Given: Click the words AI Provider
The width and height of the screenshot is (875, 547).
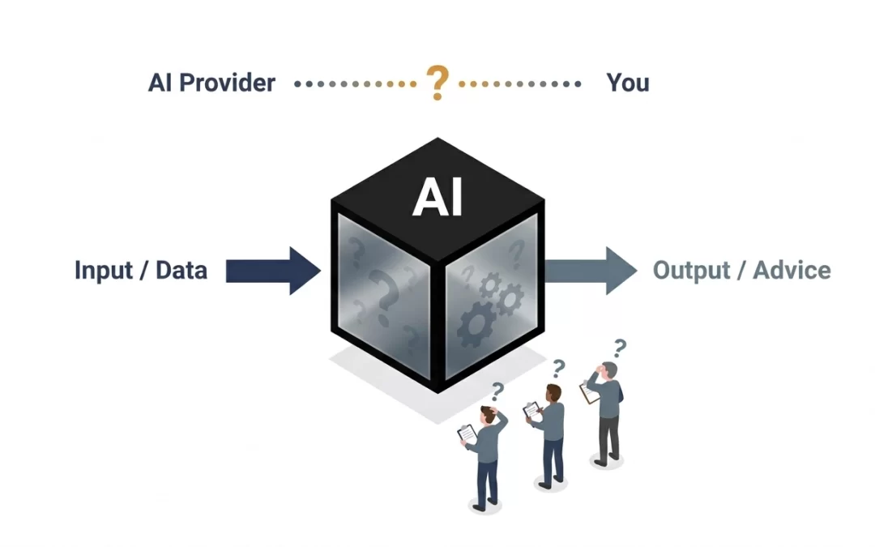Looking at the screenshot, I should point(211,83).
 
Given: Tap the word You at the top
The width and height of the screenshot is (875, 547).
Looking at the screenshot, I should point(628,83).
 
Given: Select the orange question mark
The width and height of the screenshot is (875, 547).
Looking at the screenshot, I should point(437,83).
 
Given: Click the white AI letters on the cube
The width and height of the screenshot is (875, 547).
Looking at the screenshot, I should point(437,197).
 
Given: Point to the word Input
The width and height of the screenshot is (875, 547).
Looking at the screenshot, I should point(104,270).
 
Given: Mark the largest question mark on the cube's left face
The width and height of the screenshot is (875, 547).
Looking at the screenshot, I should point(386,297).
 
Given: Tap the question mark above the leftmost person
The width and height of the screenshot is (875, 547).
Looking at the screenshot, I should point(497,392).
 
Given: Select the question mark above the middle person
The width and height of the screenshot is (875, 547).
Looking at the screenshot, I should point(558,369).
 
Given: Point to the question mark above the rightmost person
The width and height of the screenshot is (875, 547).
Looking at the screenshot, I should point(620,348).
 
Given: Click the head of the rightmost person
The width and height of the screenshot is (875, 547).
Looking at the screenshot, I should point(609,371).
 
